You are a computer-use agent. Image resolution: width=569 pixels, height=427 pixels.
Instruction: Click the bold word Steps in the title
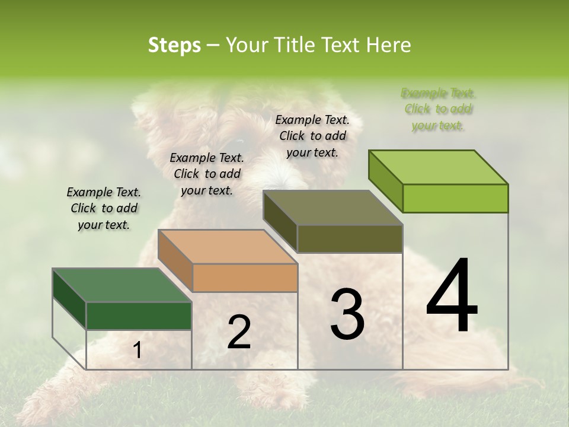174,46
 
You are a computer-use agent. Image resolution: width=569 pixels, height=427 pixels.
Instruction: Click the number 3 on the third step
347,314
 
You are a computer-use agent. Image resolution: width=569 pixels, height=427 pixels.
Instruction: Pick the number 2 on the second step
239,332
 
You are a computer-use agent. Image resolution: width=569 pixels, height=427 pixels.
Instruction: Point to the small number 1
137,350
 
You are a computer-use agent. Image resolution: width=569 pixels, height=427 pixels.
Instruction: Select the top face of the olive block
333,208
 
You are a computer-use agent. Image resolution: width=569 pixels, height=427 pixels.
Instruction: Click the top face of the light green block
438,167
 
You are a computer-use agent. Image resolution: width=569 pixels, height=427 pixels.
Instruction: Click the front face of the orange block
245,278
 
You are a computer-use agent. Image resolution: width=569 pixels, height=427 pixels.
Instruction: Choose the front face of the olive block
350,239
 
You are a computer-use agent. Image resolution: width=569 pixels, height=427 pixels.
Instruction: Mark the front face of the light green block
455,198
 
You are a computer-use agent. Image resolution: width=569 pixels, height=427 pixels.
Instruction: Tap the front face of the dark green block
139,316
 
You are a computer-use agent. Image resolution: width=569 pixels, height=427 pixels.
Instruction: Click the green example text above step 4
438,109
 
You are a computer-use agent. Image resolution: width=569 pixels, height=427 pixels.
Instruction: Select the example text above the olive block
312,136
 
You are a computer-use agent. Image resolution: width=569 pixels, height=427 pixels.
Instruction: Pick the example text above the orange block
207,174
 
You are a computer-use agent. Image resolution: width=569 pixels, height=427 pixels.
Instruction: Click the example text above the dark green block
104,208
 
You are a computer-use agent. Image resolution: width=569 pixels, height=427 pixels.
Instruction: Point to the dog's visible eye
236,143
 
